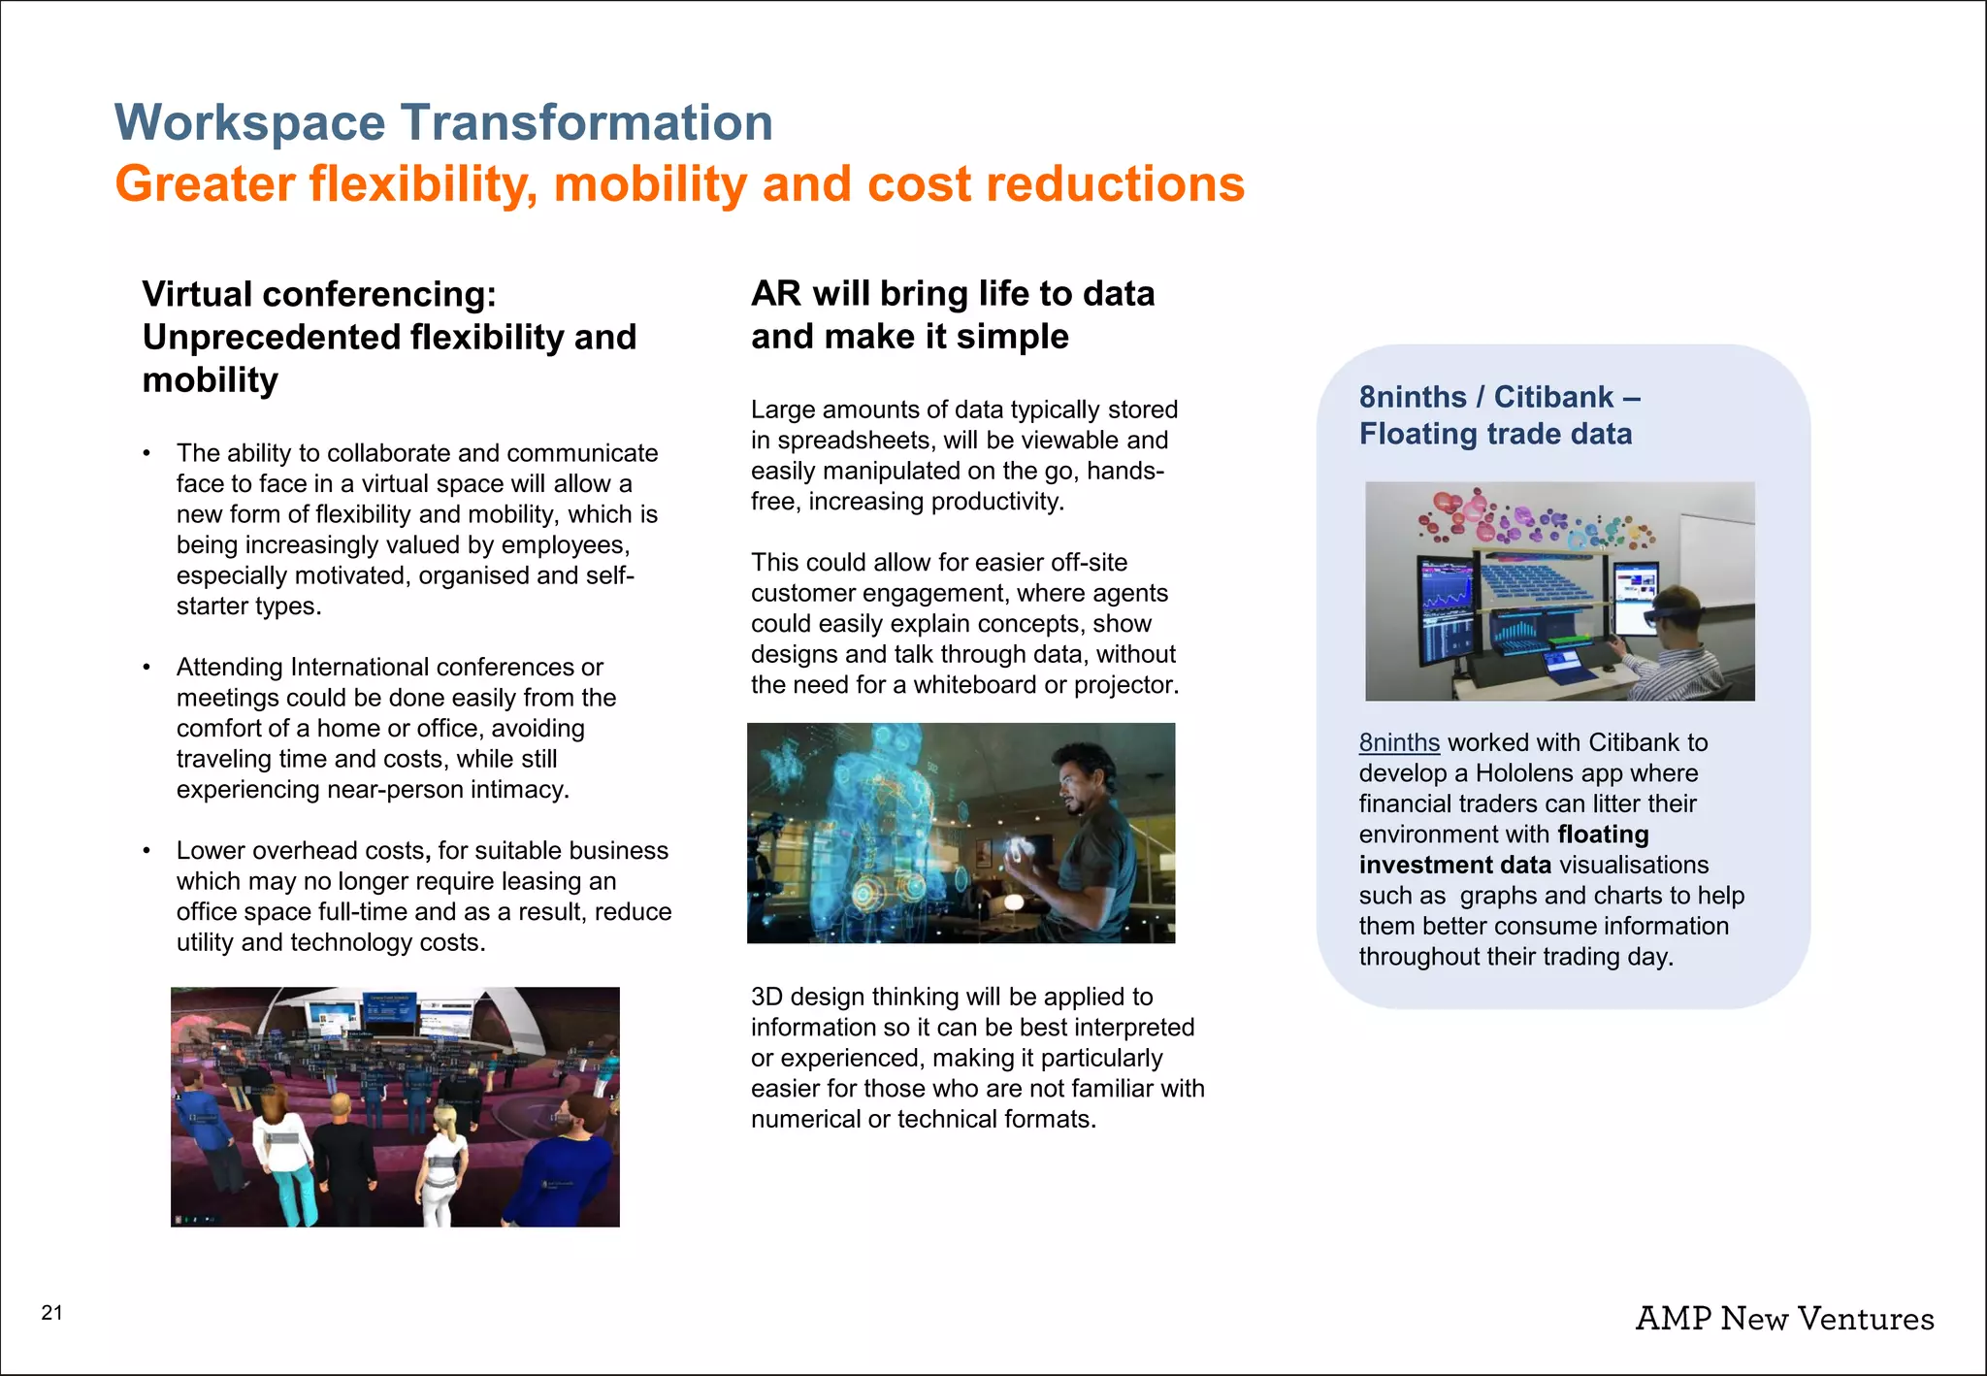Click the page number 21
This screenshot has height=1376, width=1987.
pyautogui.click(x=51, y=1313)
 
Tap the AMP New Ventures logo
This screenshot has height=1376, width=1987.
pyautogui.click(x=1784, y=1319)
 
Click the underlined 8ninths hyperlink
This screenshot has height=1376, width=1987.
pyautogui.click(x=1398, y=743)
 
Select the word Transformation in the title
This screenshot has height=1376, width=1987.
pyautogui.click(x=586, y=123)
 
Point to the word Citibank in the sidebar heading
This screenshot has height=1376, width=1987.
pyautogui.click(x=1553, y=397)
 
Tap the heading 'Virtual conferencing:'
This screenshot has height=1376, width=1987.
pyautogui.click(x=319, y=294)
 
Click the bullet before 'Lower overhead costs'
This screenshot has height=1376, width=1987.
pyautogui.click(x=147, y=851)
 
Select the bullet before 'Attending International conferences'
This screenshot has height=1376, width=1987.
pyautogui.click(x=147, y=668)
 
